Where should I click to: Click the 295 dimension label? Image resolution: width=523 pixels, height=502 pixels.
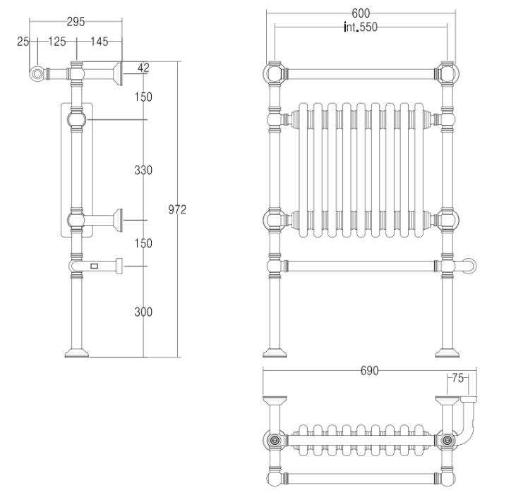pos(76,22)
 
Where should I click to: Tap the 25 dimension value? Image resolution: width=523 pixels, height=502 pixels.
pos(23,42)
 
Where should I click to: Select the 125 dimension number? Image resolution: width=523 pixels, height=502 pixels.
pos(57,42)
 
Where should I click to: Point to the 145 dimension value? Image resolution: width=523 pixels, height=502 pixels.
pos(100,42)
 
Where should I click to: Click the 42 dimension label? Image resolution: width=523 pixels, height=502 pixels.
pos(143,68)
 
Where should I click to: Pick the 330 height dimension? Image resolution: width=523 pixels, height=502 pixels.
pos(143,170)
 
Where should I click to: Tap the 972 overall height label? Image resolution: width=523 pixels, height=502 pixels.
pos(177,209)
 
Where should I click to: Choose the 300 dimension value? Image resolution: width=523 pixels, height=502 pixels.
pos(143,312)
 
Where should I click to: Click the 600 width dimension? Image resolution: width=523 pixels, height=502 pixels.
pos(361,13)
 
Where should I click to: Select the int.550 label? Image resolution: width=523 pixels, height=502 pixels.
pos(361,27)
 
